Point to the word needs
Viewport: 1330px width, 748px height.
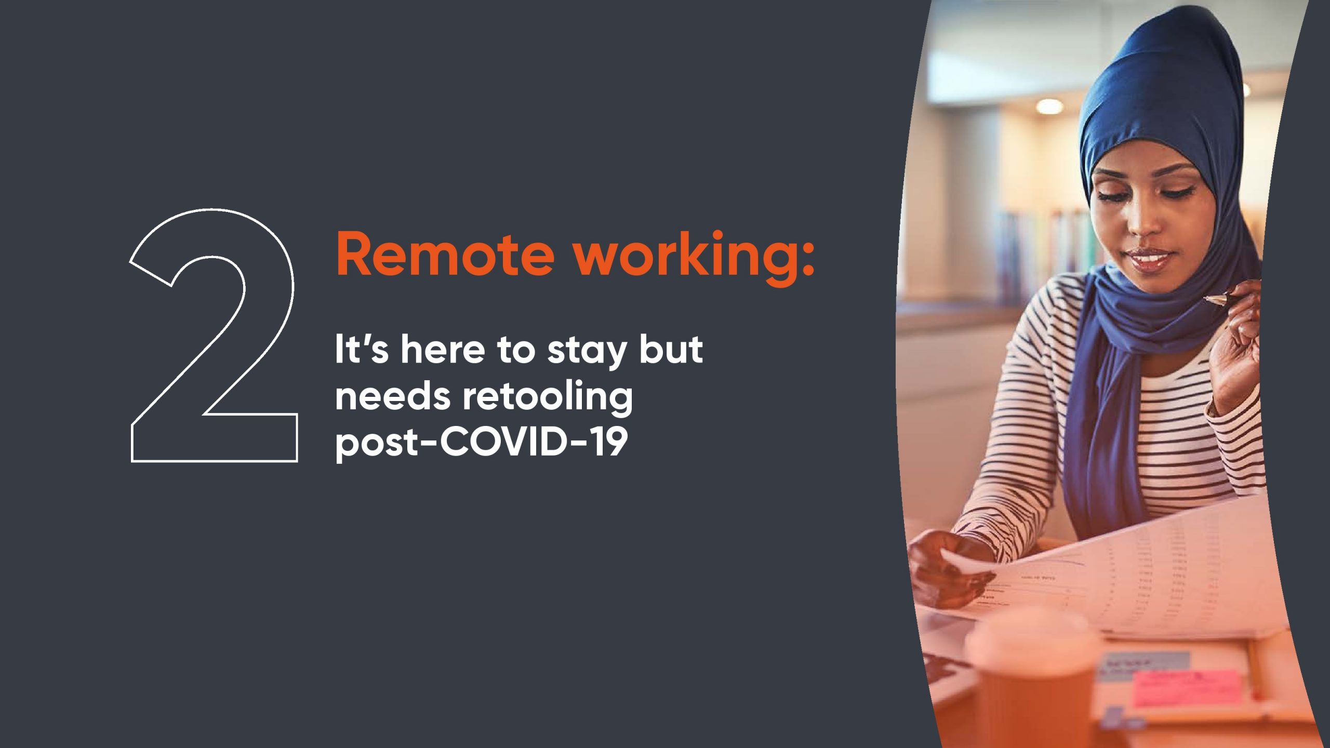(x=392, y=396)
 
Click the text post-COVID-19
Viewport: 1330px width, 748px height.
(x=482, y=444)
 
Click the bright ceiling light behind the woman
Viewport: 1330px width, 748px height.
(x=1049, y=106)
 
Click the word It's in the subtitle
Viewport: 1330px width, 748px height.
(x=362, y=349)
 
